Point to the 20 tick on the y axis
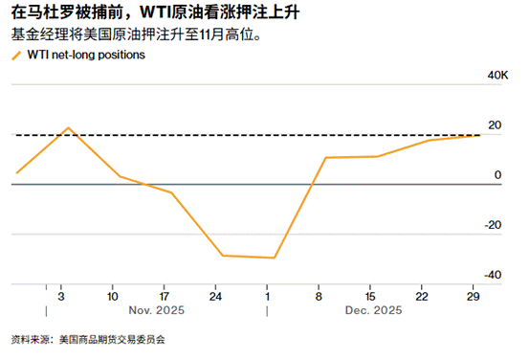pyautogui.click(x=495, y=125)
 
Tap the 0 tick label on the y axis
pyautogui.click(x=497, y=175)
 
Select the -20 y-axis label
pyautogui.click(x=494, y=225)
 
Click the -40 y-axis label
pyautogui.click(x=494, y=275)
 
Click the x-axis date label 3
pyautogui.click(x=60, y=295)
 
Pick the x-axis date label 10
pyautogui.click(x=113, y=295)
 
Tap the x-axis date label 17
pyautogui.click(x=165, y=295)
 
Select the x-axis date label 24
pyautogui.click(x=215, y=295)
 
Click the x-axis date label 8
pyautogui.click(x=319, y=295)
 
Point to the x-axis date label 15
pyautogui.click(x=371, y=295)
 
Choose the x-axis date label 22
pyautogui.click(x=423, y=295)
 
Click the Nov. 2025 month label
pyautogui.click(x=156, y=310)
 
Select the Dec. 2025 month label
pyautogui.click(x=373, y=310)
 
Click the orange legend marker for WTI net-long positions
pyautogui.click(x=15, y=56)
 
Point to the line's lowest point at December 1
pyautogui.click(x=275, y=258)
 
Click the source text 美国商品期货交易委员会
pyautogui.click(x=112, y=339)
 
